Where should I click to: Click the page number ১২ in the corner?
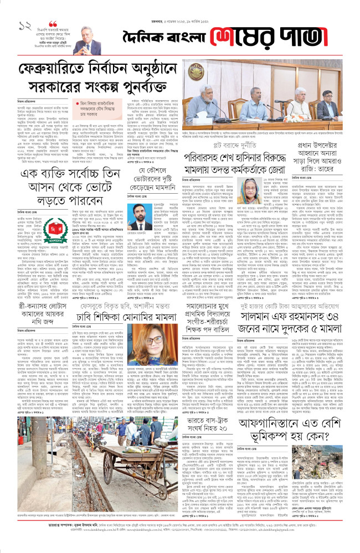[24, 26]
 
